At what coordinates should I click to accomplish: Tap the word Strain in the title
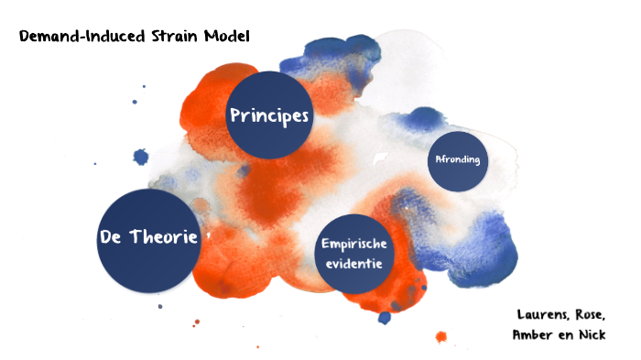click(x=171, y=37)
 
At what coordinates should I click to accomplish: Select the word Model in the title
click(x=226, y=37)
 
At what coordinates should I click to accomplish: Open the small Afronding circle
click(x=458, y=160)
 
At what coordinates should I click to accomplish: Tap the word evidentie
click(x=353, y=264)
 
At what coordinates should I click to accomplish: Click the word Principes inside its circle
click(x=269, y=116)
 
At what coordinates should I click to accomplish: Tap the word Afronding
click(x=458, y=160)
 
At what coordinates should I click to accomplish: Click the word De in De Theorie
click(x=113, y=237)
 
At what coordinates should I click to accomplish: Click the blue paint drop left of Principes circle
click(x=140, y=157)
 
